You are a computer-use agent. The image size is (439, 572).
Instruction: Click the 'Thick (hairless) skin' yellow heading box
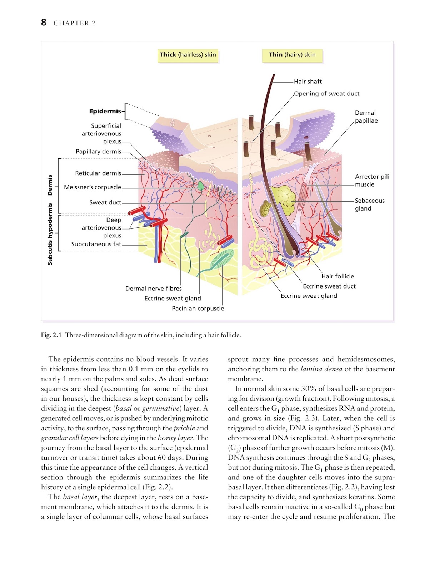188,55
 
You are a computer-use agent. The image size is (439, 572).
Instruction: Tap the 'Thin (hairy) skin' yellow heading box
292,55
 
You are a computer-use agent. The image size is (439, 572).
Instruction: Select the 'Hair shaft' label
308,82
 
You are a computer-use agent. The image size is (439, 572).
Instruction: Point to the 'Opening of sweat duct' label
326,94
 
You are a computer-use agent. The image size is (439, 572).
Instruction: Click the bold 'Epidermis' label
105,111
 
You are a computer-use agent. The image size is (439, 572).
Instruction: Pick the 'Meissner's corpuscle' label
93,187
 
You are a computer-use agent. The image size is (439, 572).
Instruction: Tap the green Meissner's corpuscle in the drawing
201,186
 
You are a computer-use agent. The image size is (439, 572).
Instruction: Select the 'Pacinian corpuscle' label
198,309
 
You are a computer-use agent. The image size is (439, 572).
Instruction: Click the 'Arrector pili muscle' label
372,181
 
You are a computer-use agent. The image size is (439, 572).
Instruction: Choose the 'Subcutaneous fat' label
96,244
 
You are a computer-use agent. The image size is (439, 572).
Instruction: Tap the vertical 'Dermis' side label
50,185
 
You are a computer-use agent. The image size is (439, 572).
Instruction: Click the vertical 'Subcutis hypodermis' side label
50,234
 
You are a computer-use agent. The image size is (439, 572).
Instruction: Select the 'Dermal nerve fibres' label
153,289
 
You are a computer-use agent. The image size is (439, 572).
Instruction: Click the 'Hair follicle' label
338,276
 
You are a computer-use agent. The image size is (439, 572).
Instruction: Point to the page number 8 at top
44,23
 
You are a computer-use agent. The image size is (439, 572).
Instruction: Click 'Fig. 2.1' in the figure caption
51,335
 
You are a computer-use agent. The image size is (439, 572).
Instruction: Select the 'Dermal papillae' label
366,117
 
